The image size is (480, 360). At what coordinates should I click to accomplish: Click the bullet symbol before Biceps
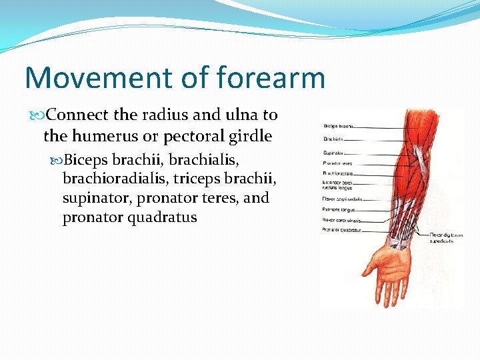[57, 161]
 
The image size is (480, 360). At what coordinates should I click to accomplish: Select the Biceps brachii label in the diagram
[339, 125]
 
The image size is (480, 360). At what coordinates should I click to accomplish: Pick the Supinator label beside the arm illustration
[333, 153]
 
